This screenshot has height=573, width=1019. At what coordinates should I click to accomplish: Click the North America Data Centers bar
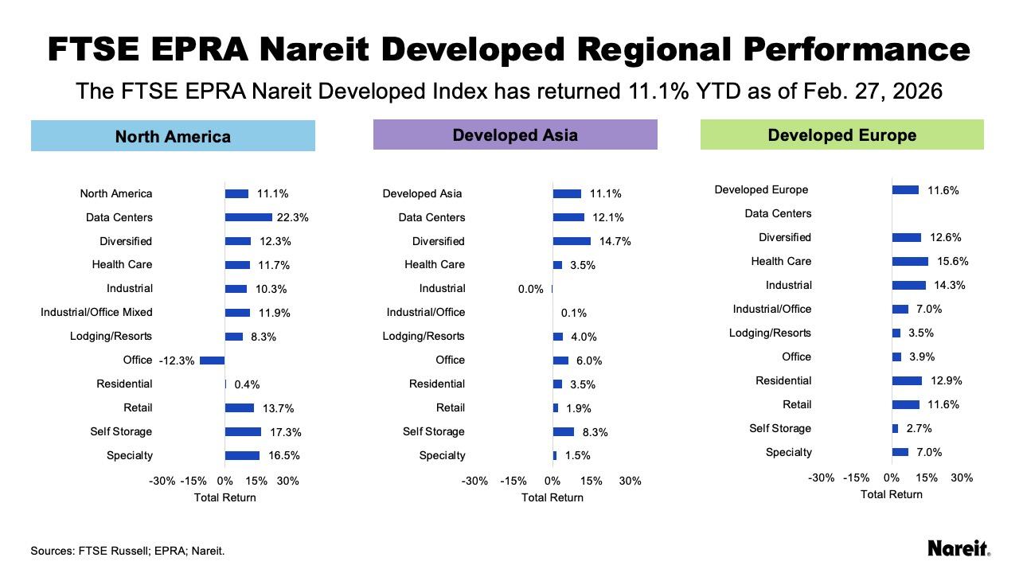(x=248, y=217)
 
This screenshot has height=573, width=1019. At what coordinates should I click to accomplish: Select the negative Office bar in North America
(x=212, y=361)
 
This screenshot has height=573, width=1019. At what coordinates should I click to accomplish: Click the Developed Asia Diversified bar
(x=572, y=241)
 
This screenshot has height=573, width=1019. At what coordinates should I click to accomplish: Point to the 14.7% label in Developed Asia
(x=615, y=241)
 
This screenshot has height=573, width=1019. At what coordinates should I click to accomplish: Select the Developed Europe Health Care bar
(x=910, y=261)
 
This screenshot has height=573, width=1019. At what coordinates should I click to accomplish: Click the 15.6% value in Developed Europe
(x=953, y=261)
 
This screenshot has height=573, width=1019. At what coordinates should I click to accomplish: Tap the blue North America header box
(x=173, y=136)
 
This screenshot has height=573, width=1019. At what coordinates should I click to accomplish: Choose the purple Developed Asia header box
(x=515, y=134)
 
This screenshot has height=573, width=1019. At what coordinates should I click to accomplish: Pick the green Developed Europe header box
(x=841, y=134)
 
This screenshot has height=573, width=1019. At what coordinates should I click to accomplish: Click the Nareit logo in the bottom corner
(x=958, y=548)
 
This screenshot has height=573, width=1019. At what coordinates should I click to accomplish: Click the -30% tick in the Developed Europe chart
(x=821, y=477)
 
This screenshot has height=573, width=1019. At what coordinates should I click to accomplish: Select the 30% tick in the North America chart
(x=287, y=481)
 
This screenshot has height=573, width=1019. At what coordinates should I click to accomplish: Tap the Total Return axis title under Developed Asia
(x=552, y=497)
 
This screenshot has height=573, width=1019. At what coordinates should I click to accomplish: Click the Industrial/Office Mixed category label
(x=96, y=312)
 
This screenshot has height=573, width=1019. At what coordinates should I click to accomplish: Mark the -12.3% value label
(x=177, y=361)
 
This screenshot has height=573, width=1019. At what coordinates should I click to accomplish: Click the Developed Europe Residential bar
(x=907, y=380)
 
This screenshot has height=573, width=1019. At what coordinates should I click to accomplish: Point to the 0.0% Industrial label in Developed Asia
(x=530, y=289)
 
